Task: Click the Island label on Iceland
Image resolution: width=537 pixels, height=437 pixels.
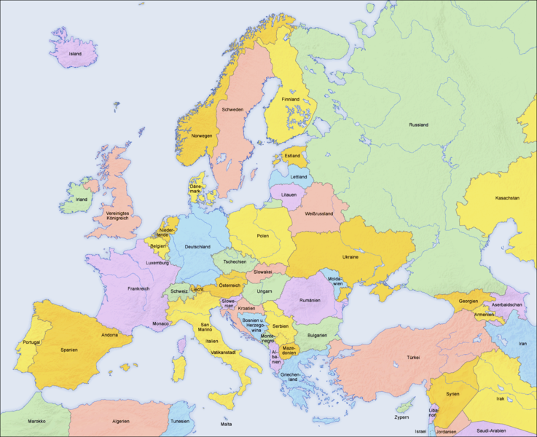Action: point(75,54)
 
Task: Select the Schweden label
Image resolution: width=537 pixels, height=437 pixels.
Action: point(232,109)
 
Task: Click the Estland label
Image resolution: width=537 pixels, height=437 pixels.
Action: point(292,155)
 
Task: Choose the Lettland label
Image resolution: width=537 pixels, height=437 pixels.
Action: point(298,177)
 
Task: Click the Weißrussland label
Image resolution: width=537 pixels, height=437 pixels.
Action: point(318,213)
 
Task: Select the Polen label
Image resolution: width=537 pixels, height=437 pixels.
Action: point(262,235)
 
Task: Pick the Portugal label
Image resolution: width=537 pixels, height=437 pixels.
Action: point(31,342)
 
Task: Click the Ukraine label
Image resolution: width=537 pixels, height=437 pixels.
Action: point(350,256)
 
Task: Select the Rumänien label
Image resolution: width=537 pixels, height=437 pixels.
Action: point(310,301)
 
